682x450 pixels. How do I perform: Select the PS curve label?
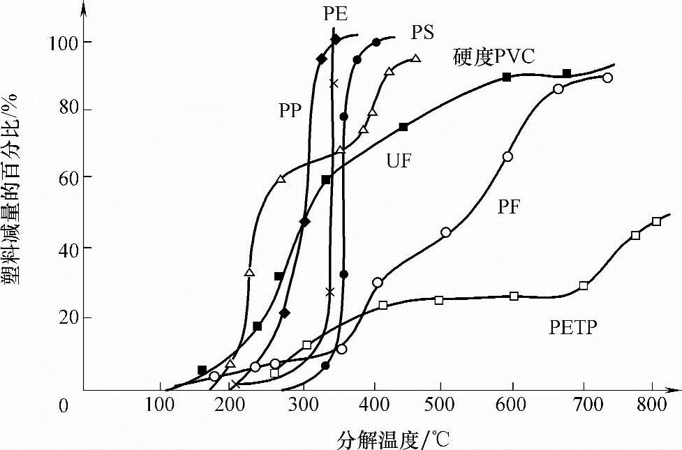pyautogui.click(x=422, y=32)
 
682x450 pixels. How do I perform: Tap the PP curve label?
pyautogui.click(x=290, y=110)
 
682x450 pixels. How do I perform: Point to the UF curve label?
pyautogui.click(x=399, y=162)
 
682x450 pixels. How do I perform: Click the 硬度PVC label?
pyautogui.click(x=494, y=57)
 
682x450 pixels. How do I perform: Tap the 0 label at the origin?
pyautogui.click(x=64, y=405)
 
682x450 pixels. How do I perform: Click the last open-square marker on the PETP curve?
pyautogui.click(x=656, y=222)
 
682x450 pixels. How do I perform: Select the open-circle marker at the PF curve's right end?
pyautogui.click(x=607, y=77)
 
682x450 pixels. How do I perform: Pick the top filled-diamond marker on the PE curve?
pyautogui.click(x=336, y=39)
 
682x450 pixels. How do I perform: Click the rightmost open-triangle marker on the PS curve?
pyautogui.click(x=415, y=59)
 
